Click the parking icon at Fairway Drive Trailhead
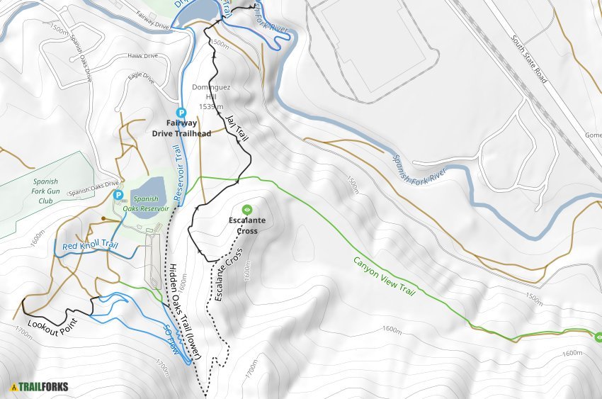coord(181,112)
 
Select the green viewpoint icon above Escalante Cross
coord(247,210)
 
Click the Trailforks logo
coord(40,387)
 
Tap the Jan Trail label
coord(237,128)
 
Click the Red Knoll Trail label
coord(89,246)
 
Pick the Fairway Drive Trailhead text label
coord(181,128)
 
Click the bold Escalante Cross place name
coord(247,225)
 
